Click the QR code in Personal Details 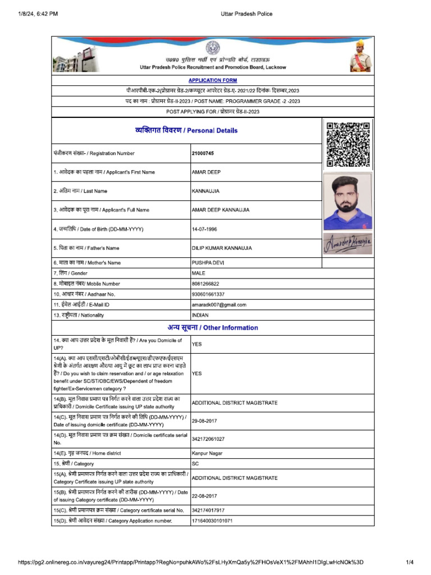pos(348,144)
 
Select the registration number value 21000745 pos(203,153)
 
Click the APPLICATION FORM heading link pos(213,80)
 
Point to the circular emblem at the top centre pos(213,48)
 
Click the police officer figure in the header pos(360,56)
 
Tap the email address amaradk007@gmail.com pos(219,305)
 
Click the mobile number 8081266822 pos(205,284)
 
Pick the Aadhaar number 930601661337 pos(208,294)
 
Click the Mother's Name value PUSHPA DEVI pos(209,263)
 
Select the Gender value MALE pos(199,273)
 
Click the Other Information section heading pos(213,327)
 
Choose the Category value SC pos(195,464)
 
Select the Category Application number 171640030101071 pos(212,521)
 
